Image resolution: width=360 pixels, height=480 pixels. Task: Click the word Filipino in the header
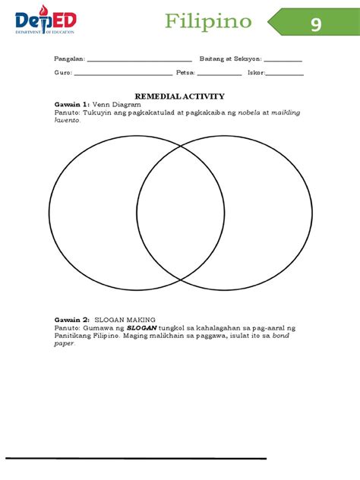(x=208, y=21)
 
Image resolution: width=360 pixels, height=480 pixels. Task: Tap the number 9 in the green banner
(x=315, y=24)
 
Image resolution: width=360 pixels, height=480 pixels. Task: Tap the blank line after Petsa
(x=219, y=75)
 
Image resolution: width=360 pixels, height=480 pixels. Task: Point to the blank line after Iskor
(x=284, y=75)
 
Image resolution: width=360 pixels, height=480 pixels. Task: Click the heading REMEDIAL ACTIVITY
(x=179, y=96)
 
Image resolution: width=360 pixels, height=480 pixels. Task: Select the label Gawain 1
(x=71, y=105)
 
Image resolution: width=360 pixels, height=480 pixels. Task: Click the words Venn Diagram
(x=113, y=105)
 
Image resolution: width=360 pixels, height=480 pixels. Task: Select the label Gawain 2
(x=71, y=320)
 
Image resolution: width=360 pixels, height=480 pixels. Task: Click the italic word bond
(x=281, y=336)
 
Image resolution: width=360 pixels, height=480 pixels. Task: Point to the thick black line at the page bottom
(x=136, y=459)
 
